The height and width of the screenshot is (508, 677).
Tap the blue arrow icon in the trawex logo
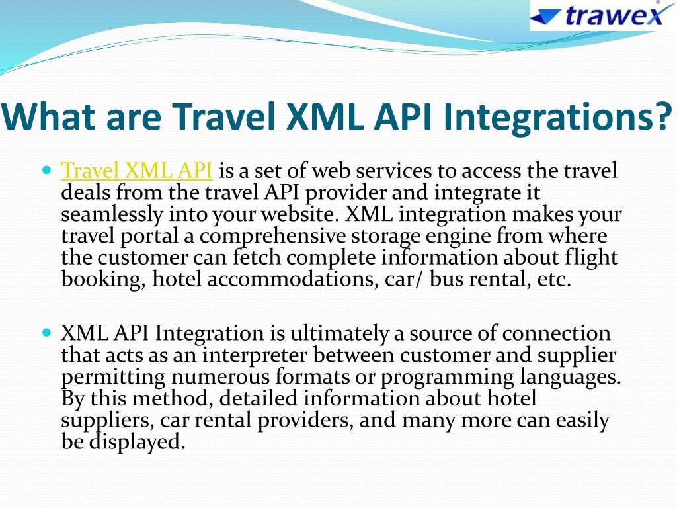[545, 17]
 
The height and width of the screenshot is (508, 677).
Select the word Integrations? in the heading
[557, 118]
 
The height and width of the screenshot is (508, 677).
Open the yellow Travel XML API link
[137, 170]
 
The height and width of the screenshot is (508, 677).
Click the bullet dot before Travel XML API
[47, 169]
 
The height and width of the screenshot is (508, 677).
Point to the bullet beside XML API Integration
[47, 332]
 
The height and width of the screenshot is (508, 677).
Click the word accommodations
[290, 279]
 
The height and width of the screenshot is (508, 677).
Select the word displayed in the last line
[137, 442]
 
